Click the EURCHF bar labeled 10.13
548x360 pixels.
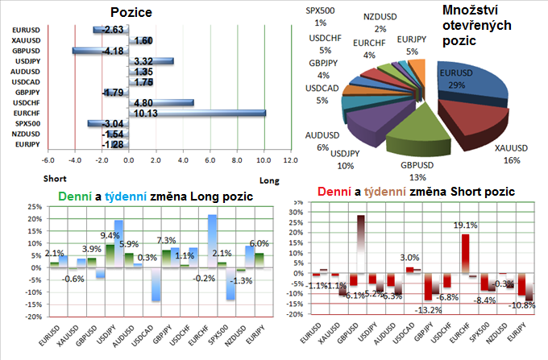[196, 113]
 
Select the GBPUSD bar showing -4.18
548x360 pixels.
[100, 51]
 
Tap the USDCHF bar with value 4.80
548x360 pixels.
[161, 102]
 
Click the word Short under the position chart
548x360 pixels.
[55, 180]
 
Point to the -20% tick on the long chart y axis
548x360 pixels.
[34, 317]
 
